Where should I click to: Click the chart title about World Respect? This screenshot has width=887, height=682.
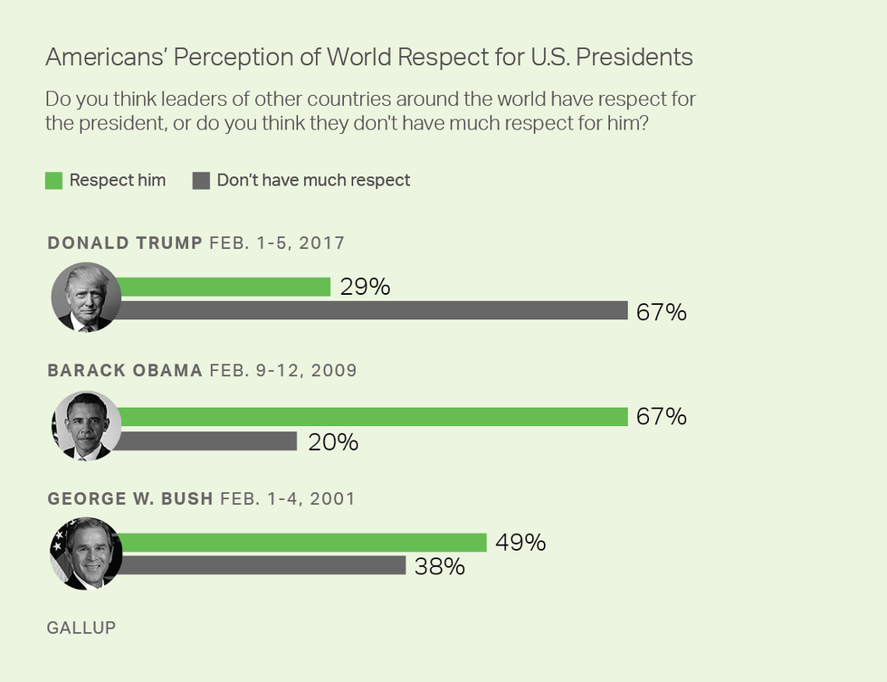[x=369, y=58]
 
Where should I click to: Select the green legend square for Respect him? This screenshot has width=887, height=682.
[x=53, y=181]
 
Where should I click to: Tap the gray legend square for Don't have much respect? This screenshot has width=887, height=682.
[x=201, y=181]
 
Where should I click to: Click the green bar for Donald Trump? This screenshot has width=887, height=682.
[x=224, y=287]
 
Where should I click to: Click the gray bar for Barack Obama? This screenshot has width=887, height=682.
[x=208, y=441]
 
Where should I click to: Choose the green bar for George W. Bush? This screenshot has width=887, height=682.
[x=303, y=542]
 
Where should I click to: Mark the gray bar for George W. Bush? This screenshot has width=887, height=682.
[x=262, y=566]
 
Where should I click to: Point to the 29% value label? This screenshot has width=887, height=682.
[x=365, y=288]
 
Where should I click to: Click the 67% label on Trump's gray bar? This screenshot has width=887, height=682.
[x=662, y=313]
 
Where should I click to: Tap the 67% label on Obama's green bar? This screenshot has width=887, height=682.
[x=662, y=417]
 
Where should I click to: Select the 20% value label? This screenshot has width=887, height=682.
[x=332, y=442]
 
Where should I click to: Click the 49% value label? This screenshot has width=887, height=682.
[x=520, y=543]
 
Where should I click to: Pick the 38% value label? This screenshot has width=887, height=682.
[x=440, y=567]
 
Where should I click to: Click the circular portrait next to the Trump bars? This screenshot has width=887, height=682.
[x=85, y=298]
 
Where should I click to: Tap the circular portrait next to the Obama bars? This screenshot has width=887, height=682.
[x=85, y=426]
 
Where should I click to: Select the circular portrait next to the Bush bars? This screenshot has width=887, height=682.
[x=85, y=554]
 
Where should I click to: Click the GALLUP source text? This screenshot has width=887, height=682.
[x=81, y=627]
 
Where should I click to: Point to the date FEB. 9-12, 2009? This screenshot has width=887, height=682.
[x=282, y=371]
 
